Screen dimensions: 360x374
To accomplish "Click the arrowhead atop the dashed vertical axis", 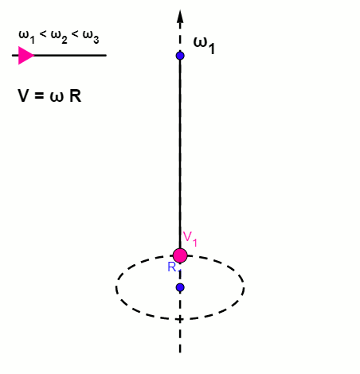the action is coord(180,17).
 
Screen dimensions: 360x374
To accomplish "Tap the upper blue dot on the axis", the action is coord(180,56).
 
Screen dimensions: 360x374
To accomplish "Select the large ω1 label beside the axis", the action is coord(204,45).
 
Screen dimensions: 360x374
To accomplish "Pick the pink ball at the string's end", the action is coord(180,255).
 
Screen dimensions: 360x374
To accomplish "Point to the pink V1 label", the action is coord(190,239).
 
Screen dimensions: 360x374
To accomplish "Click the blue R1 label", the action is coord(174,268).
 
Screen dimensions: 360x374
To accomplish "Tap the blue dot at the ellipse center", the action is coord(180,287).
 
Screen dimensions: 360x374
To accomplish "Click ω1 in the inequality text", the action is coord(26,37).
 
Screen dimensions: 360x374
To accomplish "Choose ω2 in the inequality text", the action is coord(59,37).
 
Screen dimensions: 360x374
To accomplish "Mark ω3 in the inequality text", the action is coord(91,37).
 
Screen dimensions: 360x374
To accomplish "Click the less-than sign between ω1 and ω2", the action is coord(43,34).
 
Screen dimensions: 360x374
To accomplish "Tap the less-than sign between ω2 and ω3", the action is coord(75,34).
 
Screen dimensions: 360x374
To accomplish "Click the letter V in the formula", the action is coord(23,95).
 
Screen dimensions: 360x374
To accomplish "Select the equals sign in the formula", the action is coord(39,95).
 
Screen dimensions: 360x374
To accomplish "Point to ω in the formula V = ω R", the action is coord(57,97).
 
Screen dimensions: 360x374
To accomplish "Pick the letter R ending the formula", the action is coord(75,95).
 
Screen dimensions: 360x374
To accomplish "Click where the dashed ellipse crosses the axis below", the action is coord(180,319).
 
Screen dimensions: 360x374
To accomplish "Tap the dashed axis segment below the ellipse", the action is coord(180,337).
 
